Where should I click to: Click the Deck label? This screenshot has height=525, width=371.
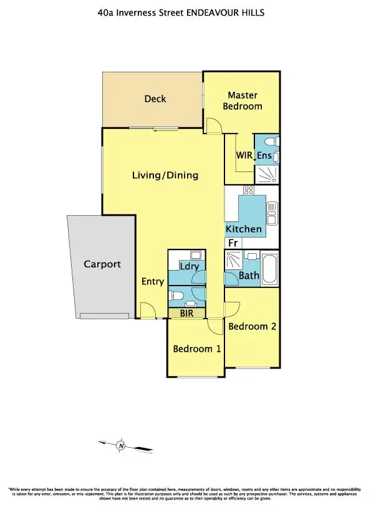[155, 99]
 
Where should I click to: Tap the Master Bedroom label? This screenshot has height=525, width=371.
[243, 100]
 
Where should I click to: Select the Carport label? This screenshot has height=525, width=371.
[102, 264]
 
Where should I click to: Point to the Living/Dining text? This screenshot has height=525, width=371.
[165, 175]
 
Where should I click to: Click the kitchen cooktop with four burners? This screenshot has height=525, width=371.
[248, 190]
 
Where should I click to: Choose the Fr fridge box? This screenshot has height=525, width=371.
[233, 243]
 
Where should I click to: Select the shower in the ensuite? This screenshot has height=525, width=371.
[267, 175]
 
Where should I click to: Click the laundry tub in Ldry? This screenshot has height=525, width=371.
[195, 254]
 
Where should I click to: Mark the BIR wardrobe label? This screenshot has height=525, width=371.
[186, 314]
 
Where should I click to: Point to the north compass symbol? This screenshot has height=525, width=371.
[122, 445]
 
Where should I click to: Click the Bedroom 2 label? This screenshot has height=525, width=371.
[252, 326]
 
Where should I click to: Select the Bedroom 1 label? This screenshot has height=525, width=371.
[196, 349]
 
